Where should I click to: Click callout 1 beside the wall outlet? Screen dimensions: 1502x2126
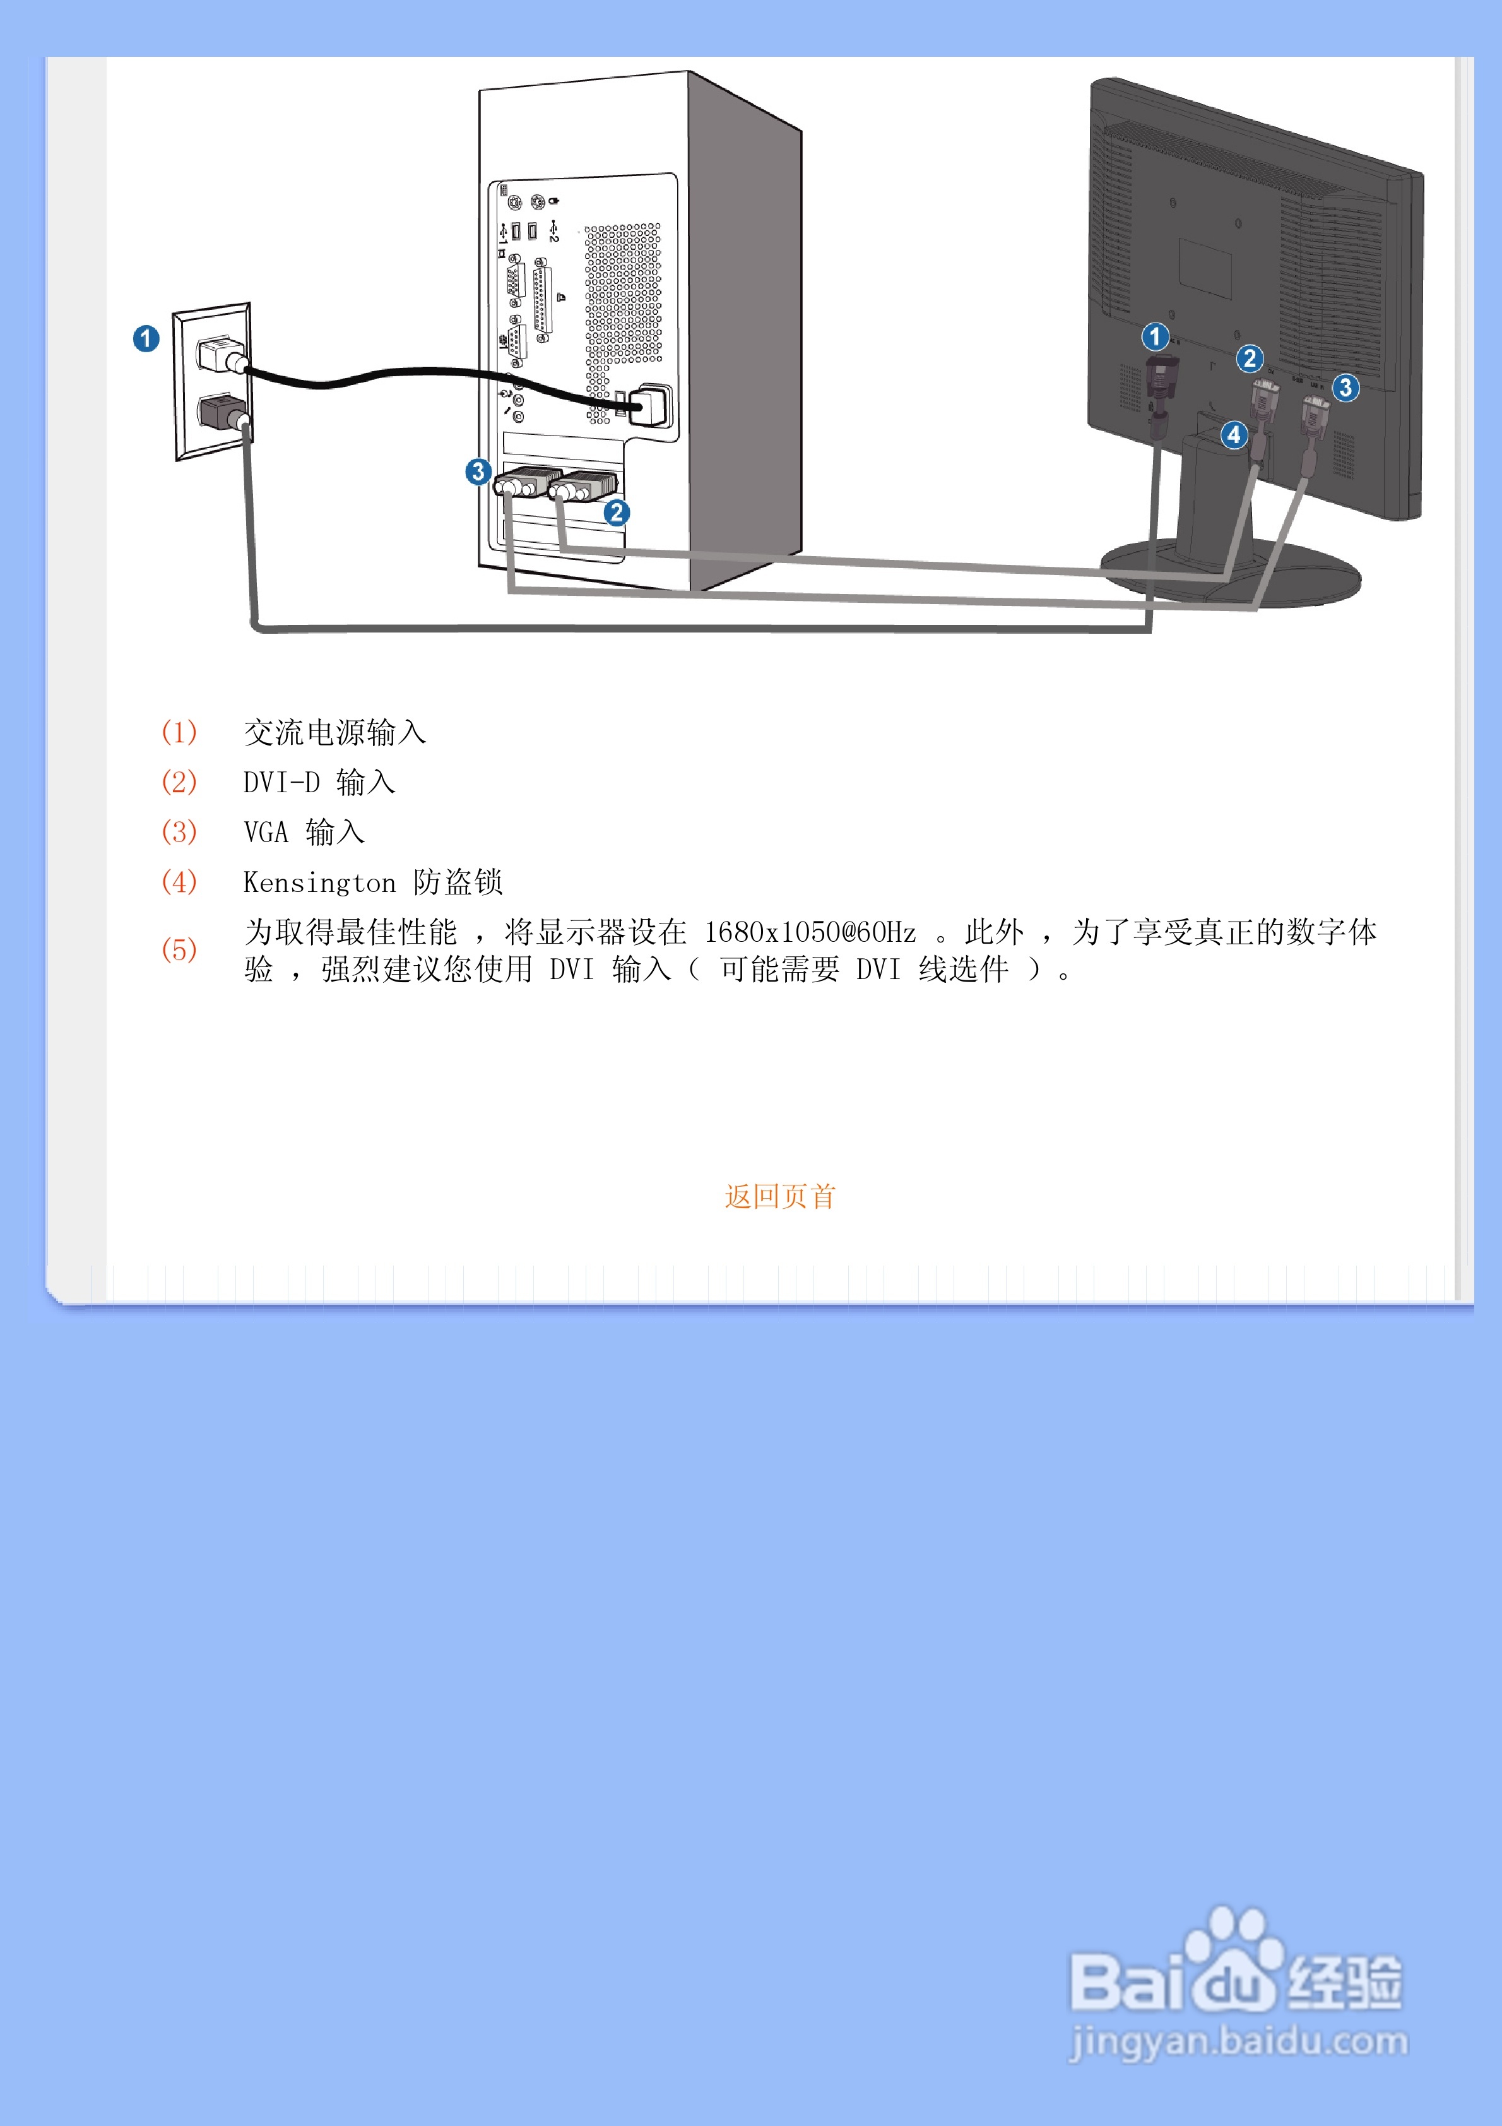pyautogui.click(x=146, y=339)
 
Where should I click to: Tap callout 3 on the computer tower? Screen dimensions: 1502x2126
pyautogui.click(x=478, y=472)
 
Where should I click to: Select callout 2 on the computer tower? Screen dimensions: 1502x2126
pyautogui.click(x=617, y=513)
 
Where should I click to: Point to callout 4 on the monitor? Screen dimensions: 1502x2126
pyautogui.click(x=1233, y=434)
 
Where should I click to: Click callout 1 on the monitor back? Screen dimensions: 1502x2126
pyautogui.click(x=1155, y=336)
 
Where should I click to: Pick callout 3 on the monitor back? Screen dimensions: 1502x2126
pyautogui.click(x=1345, y=387)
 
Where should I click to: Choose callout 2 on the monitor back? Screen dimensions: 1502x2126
pyautogui.click(x=1249, y=359)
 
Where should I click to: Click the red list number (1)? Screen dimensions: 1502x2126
pyautogui.click(x=179, y=732)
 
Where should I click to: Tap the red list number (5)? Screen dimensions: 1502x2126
pyautogui.click(x=179, y=950)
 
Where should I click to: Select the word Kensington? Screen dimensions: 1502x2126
pyautogui.click(x=319, y=882)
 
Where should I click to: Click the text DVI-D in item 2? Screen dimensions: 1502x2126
pyautogui.click(x=281, y=783)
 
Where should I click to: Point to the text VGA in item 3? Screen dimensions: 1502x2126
pyautogui.click(x=266, y=833)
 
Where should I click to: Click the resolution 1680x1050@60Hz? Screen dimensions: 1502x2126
pyautogui.click(x=810, y=932)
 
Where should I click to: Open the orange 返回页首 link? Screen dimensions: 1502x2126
pyautogui.click(x=779, y=1196)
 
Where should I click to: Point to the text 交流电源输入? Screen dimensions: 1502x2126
pyautogui.click(x=334, y=732)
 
